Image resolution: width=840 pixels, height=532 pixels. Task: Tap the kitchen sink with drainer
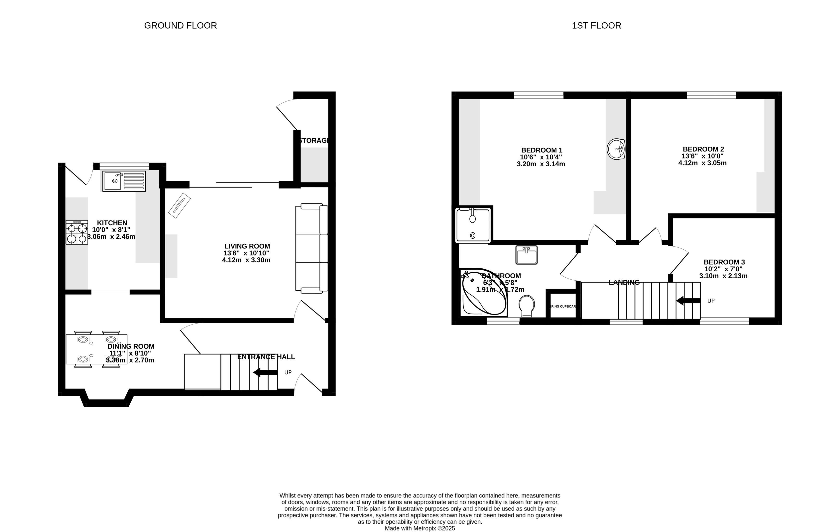click(124, 181)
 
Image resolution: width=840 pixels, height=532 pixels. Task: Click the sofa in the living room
click(312, 248)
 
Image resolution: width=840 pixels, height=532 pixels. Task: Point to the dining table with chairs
click(96, 349)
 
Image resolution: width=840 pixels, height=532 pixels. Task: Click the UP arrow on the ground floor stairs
click(265, 372)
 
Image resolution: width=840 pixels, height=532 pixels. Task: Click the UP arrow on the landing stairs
click(688, 300)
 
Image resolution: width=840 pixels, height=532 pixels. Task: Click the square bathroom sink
click(526, 255)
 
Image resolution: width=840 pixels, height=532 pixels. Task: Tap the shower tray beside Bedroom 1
click(473, 225)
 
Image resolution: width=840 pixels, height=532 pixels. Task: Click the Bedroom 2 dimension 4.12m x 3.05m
click(702, 163)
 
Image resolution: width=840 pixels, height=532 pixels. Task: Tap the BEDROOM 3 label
click(724, 262)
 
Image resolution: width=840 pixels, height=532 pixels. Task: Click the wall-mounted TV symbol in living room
click(179, 206)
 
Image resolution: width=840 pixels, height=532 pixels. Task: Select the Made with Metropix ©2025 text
click(420, 528)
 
